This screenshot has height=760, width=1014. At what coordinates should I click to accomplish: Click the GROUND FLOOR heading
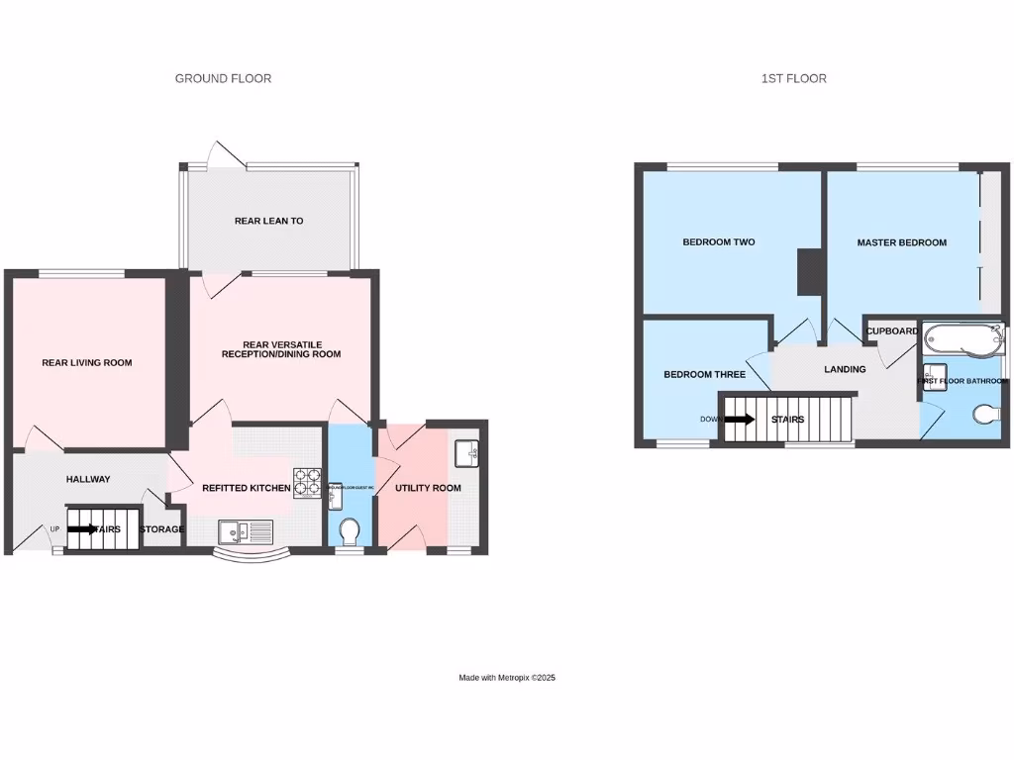pyautogui.click(x=223, y=78)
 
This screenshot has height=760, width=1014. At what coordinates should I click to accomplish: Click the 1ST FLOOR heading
pyautogui.click(x=793, y=78)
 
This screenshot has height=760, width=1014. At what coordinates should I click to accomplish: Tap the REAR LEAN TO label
pyautogui.click(x=268, y=221)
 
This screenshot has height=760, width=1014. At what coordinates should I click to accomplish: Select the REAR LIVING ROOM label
pyautogui.click(x=87, y=363)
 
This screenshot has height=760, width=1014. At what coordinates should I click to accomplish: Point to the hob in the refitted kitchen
pyautogui.click(x=307, y=480)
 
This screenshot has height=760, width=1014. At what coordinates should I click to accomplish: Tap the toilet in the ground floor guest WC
pyautogui.click(x=348, y=532)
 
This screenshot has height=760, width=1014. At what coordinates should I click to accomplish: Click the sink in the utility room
pyautogui.click(x=467, y=454)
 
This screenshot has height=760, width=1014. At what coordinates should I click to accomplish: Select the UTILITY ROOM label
pyautogui.click(x=428, y=488)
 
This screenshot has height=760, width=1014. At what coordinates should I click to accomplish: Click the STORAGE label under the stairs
pyautogui.click(x=161, y=529)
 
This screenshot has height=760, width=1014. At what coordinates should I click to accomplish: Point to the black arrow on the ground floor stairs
pyautogui.click(x=83, y=529)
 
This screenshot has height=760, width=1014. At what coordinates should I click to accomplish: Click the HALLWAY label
pyautogui.click(x=88, y=480)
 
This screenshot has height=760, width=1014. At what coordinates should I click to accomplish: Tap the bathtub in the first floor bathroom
pyautogui.click(x=963, y=339)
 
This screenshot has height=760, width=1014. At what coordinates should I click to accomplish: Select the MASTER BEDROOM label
pyautogui.click(x=901, y=242)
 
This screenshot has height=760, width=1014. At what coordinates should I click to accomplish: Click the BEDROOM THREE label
pyautogui.click(x=704, y=375)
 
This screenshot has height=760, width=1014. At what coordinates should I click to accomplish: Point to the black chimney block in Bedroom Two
pyautogui.click(x=810, y=271)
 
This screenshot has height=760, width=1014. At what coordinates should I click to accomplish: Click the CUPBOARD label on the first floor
pyautogui.click(x=891, y=332)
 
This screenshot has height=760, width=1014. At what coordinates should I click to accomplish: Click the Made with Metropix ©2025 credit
pyautogui.click(x=507, y=678)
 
